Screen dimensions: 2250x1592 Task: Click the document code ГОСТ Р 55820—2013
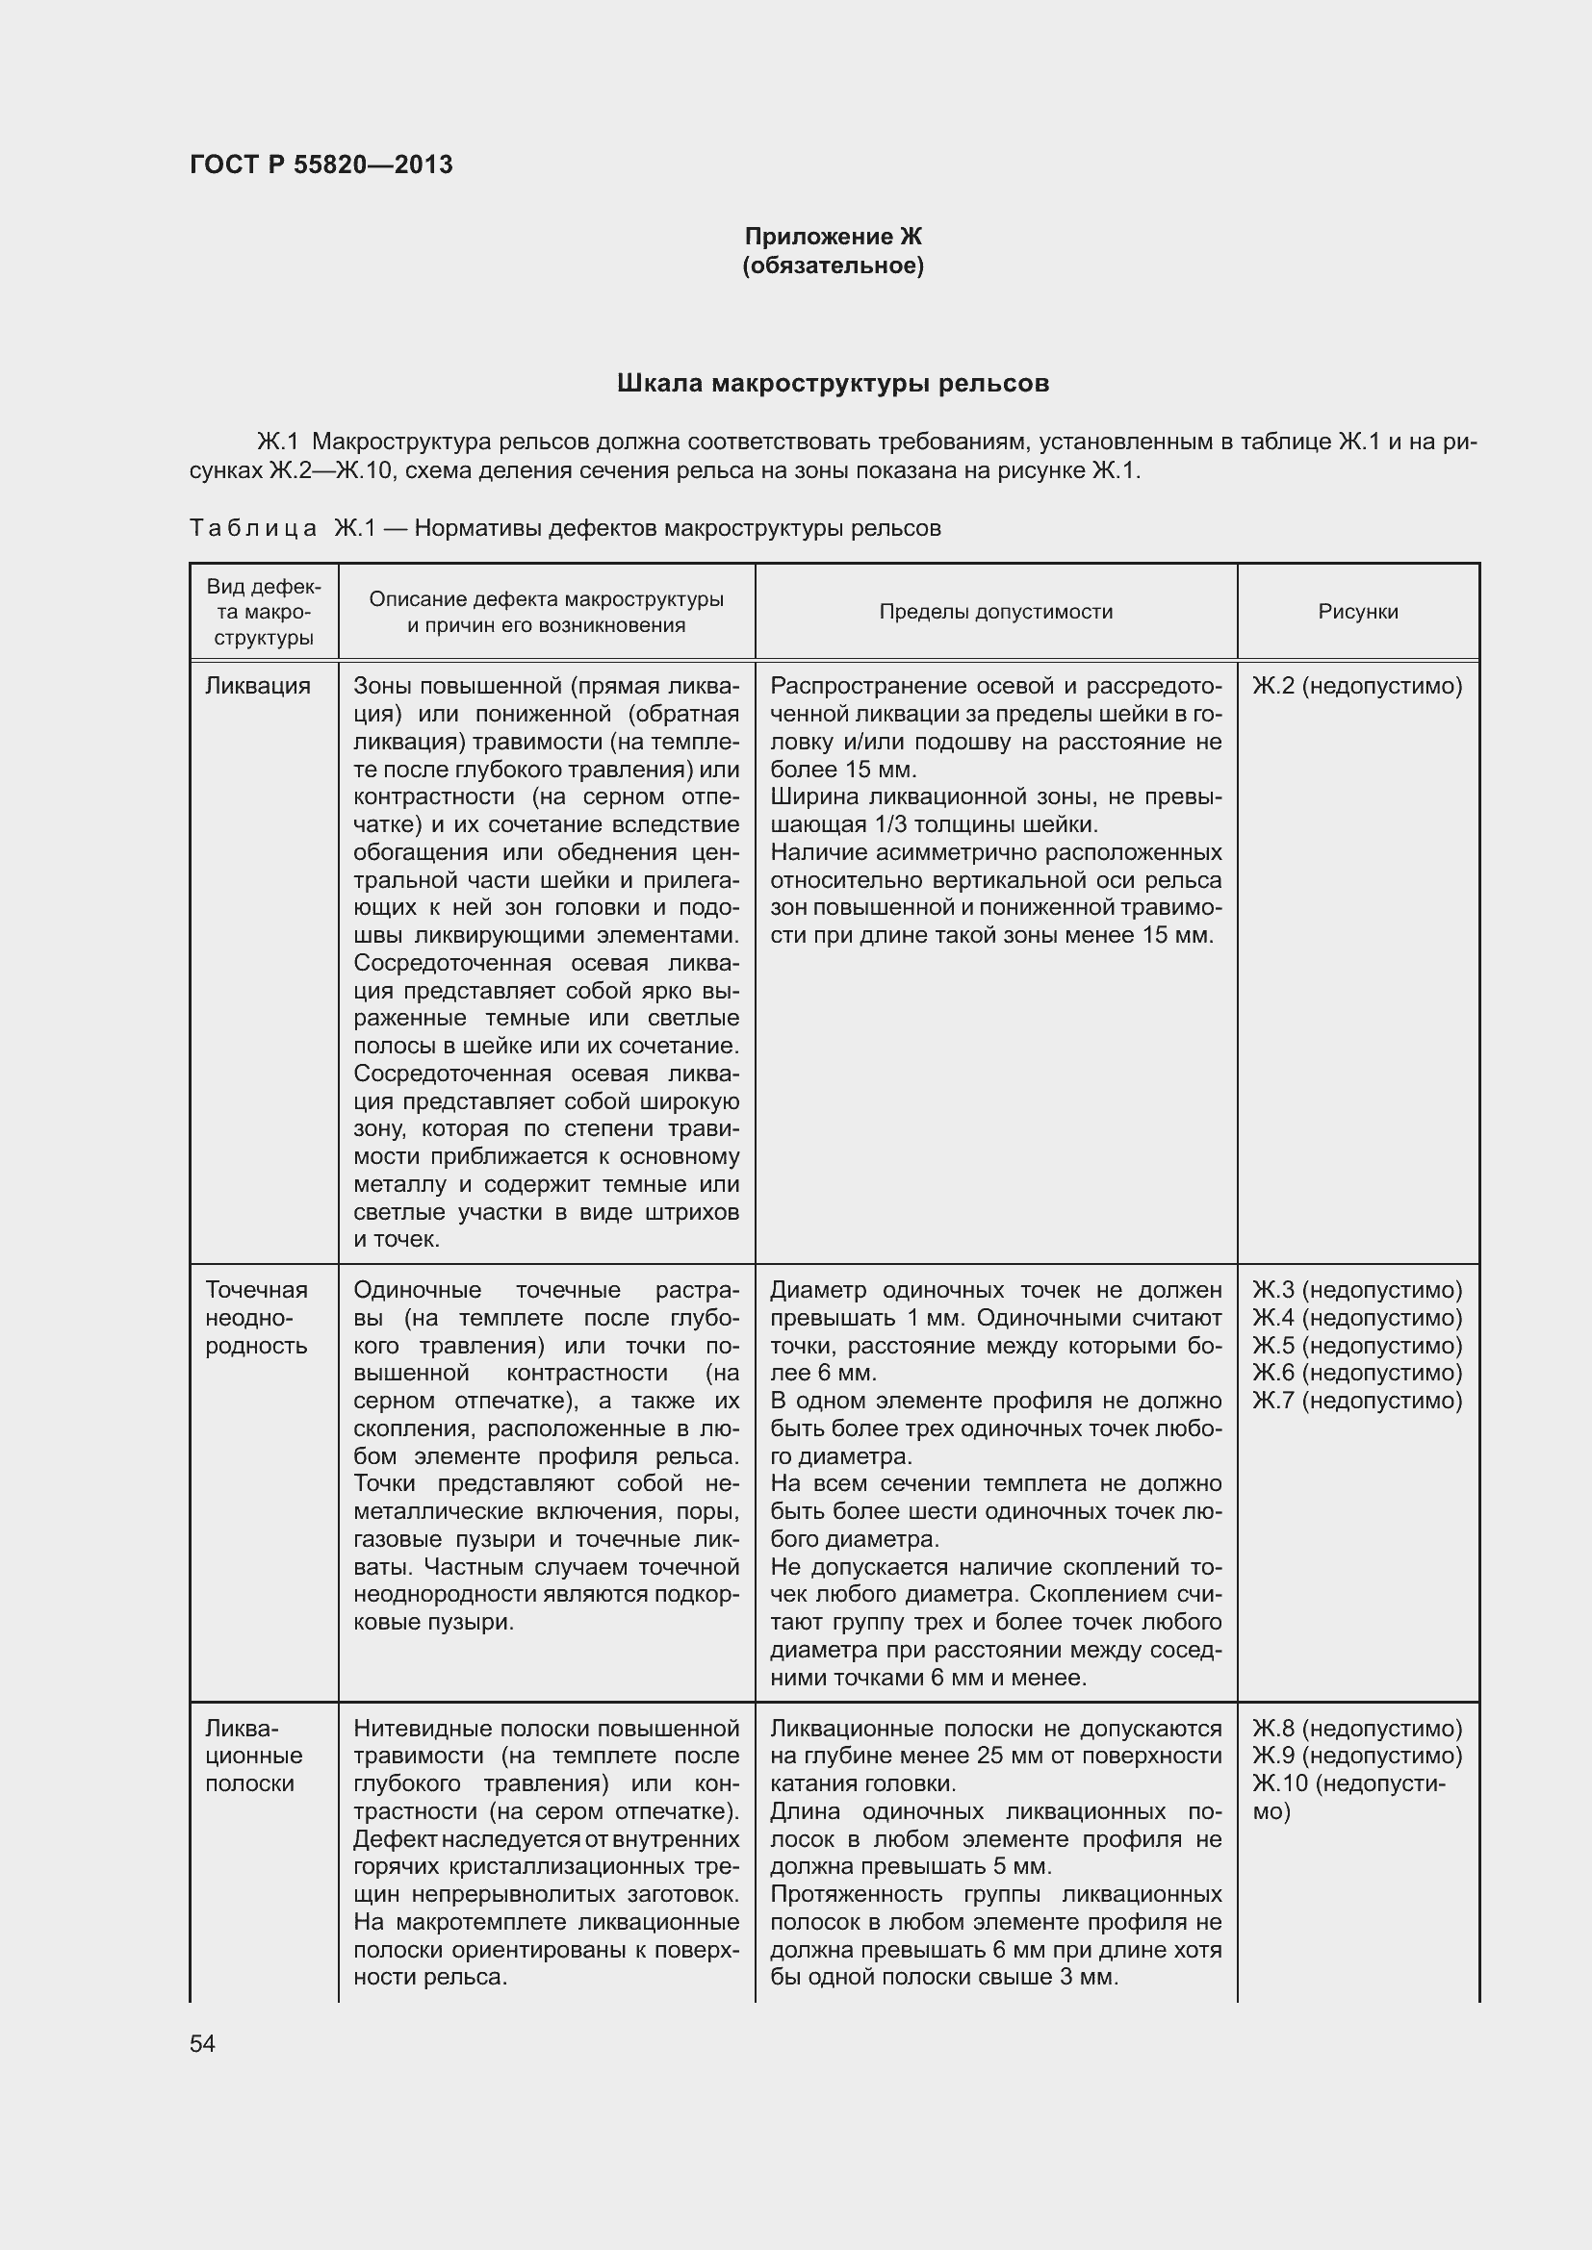(x=321, y=164)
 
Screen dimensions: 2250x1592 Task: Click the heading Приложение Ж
(x=833, y=237)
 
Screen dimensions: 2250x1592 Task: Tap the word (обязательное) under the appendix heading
(x=833, y=265)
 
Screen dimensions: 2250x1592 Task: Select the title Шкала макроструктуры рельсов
(x=833, y=383)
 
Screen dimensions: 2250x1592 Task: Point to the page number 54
(x=203, y=2043)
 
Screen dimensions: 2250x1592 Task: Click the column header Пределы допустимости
(x=995, y=612)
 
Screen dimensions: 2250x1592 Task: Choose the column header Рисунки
(x=1357, y=612)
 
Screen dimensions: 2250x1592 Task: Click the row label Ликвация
(x=257, y=686)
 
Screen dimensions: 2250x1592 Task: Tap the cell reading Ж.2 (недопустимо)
(x=1357, y=686)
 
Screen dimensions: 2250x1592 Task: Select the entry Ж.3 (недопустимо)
(x=1357, y=1290)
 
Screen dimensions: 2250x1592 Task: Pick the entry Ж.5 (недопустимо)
(x=1357, y=1346)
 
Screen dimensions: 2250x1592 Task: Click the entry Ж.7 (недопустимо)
(x=1357, y=1401)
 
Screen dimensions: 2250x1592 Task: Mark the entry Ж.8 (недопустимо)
(x=1357, y=1728)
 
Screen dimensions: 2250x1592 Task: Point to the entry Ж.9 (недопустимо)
(x=1357, y=1756)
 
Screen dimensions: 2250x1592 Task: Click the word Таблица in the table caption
(x=253, y=528)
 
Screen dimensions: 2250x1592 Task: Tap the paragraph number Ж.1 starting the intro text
(x=277, y=442)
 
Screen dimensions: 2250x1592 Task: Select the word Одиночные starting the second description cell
(x=417, y=1290)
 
